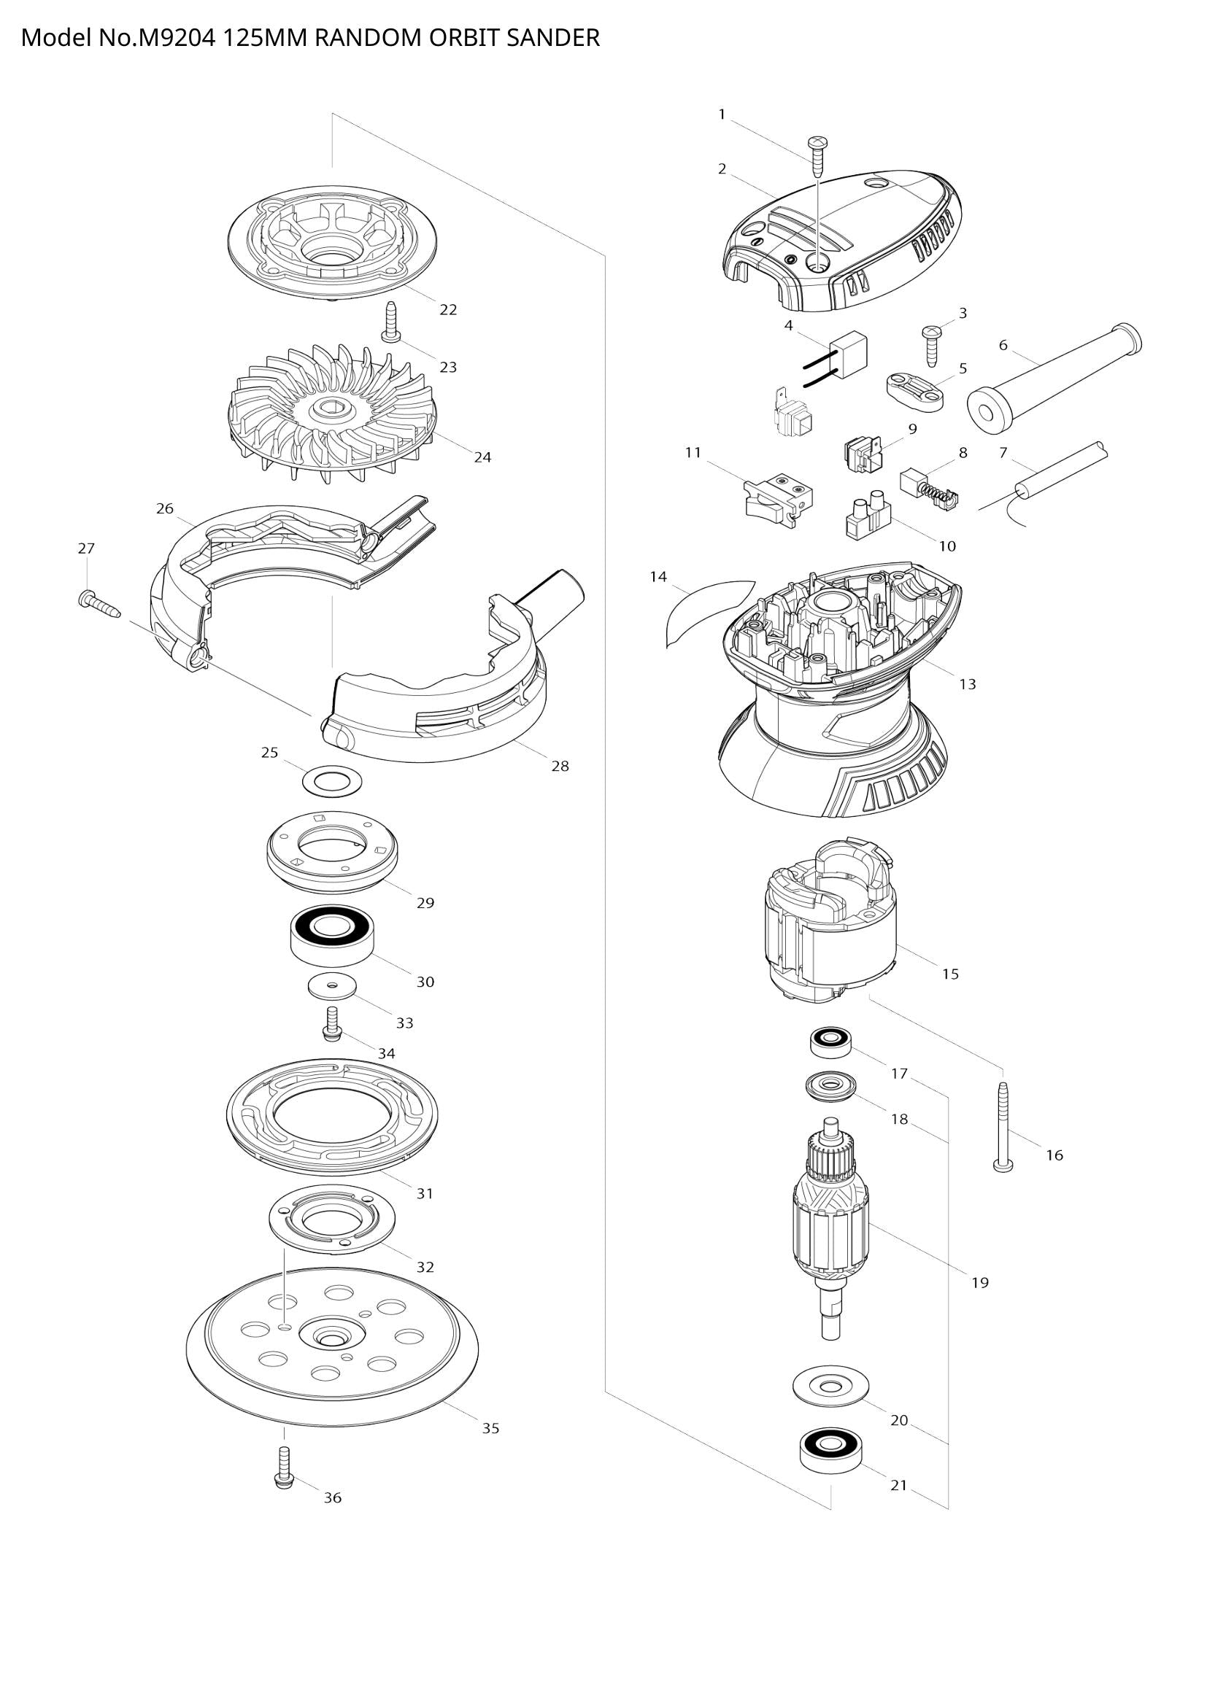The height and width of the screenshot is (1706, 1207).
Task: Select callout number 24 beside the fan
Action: coord(482,458)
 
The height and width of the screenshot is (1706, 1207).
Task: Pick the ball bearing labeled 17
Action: coord(830,1042)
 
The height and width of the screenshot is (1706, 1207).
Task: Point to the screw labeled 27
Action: coord(99,601)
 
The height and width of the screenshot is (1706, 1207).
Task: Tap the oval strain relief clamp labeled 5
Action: coord(914,391)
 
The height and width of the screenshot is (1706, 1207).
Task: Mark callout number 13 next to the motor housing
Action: coord(967,684)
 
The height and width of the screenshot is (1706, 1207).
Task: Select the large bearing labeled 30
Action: coord(331,935)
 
